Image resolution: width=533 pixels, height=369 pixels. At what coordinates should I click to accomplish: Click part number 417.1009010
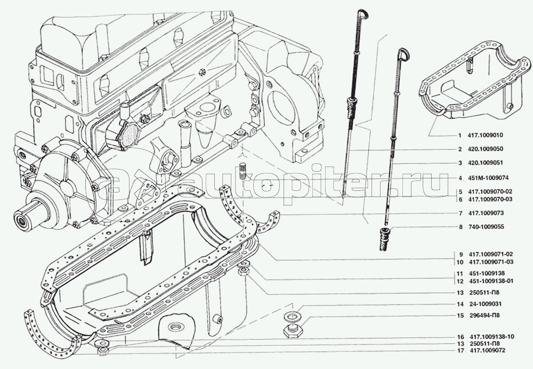click(x=485, y=135)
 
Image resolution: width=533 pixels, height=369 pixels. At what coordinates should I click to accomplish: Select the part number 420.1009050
click(x=485, y=149)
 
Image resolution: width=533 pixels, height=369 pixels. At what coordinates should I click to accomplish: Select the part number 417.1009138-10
click(x=491, y=336)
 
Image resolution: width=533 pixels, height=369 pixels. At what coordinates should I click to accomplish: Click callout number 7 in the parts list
click(x=461, y=213)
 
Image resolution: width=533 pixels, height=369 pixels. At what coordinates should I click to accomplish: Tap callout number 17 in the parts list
click(x=461, y=350)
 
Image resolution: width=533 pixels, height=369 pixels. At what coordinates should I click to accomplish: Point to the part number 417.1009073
click(x=486, y=213)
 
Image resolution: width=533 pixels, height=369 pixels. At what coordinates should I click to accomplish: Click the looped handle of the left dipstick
click(x=362, y=14)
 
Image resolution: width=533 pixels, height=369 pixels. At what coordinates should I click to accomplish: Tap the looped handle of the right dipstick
click(x=403, y=53)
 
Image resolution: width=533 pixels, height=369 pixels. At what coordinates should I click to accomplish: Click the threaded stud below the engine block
click(x=243, y=171)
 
